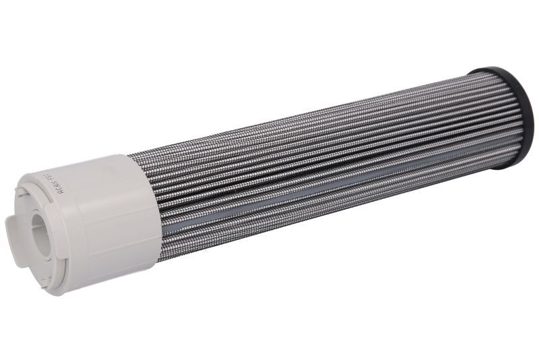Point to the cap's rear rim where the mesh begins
click(x=145, y=202)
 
